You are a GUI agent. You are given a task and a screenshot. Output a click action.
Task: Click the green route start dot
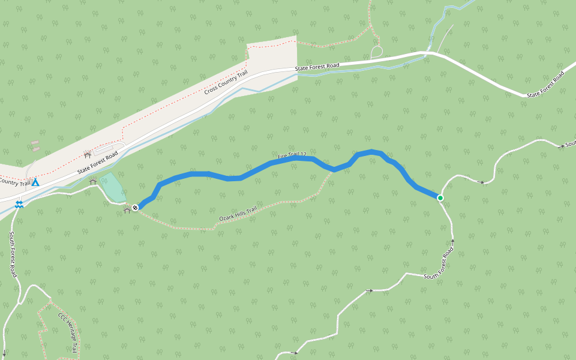click(440, 198)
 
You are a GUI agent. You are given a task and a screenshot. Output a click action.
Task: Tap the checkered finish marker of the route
click(136, 208)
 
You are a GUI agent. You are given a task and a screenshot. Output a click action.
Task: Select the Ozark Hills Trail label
click(238, 213)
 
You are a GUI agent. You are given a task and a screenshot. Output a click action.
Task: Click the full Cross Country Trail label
click(226, 82)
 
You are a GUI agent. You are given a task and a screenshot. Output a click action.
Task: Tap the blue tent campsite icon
click(35, 182)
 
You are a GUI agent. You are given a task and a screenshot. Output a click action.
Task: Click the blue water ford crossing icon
click(20, 205)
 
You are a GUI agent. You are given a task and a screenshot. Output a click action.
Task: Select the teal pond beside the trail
click(113, 188)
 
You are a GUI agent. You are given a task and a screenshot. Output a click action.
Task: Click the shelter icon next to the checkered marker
click(127, 210)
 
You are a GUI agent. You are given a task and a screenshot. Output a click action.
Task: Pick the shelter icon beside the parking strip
click(88, 155)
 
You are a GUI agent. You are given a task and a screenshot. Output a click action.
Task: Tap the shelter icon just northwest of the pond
click(93, 181)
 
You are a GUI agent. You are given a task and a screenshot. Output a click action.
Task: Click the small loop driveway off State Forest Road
click(377, 52)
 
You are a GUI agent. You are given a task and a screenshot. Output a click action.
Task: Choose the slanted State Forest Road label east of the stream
click(546, 84)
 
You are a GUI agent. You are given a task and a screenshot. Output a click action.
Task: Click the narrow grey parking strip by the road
click(109, 148)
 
